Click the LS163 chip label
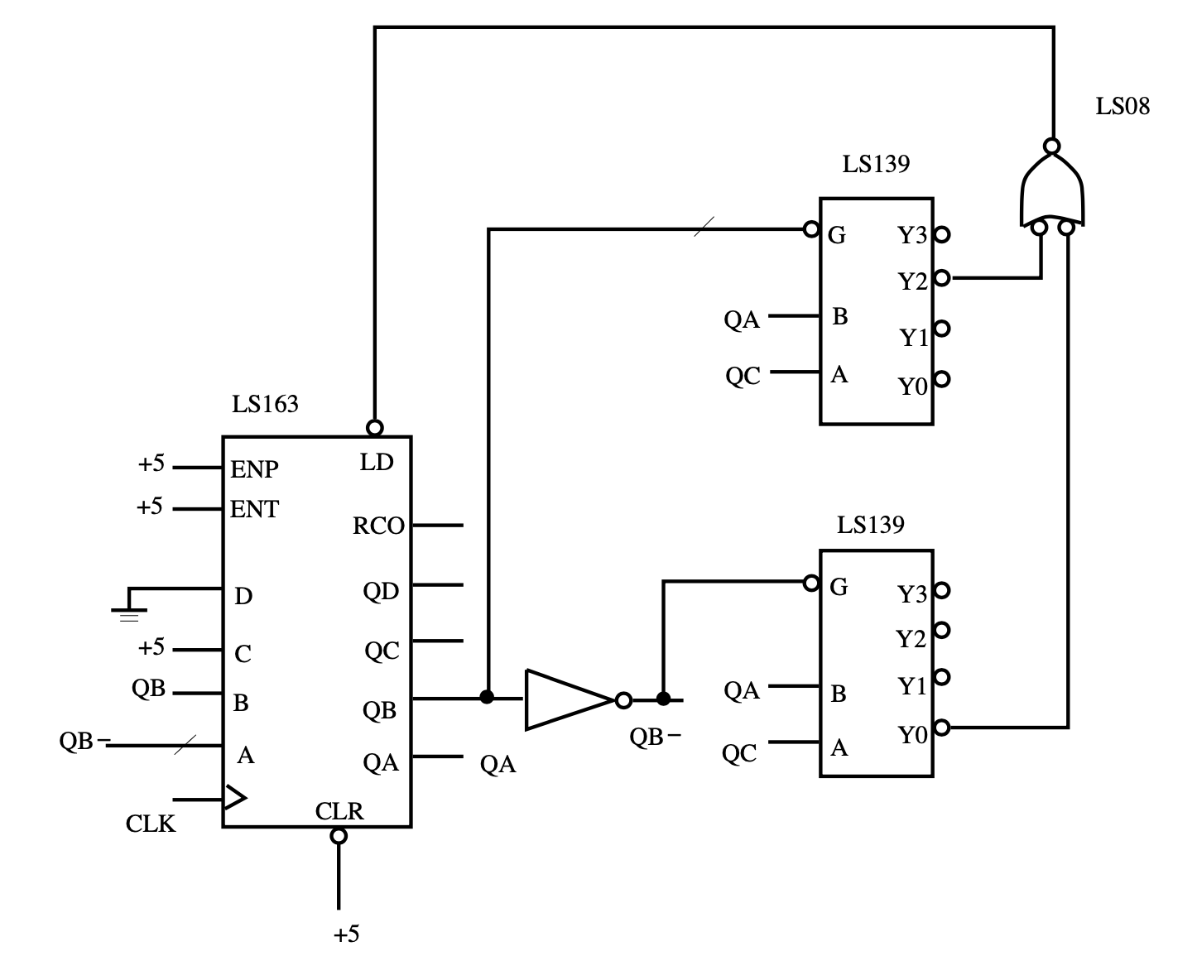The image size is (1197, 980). point(265,404)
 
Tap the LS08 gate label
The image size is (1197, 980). point(1122,106)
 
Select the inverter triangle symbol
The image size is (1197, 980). point(570,699)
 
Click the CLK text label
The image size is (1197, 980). point(151,824)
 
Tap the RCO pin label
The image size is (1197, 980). point(378,526)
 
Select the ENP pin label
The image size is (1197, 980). point(254,469)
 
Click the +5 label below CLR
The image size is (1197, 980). point(346,934)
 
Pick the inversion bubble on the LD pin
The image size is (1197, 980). point(375,427)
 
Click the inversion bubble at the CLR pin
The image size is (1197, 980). point(339,835)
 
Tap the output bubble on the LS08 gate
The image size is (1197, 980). point(1051,147)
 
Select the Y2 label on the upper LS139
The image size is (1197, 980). point(912,281)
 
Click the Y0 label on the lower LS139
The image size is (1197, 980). point(912,736)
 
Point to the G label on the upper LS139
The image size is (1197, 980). point(837,235)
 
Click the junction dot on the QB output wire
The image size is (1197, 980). point(487,697)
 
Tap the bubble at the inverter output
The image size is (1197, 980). point(623,700)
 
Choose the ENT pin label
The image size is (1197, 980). point(254,509)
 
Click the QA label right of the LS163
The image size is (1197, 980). point(498,764)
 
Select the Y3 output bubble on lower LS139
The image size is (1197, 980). point(941,591)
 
